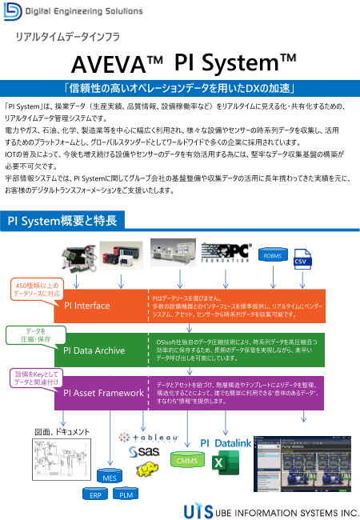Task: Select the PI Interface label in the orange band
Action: (87, 306)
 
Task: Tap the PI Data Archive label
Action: (94, 350)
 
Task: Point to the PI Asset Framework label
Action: (103, 392)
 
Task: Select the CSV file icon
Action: (302, 261)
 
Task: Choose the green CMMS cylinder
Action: (210, 459)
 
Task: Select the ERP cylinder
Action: (94, 494)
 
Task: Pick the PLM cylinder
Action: (126, 494)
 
